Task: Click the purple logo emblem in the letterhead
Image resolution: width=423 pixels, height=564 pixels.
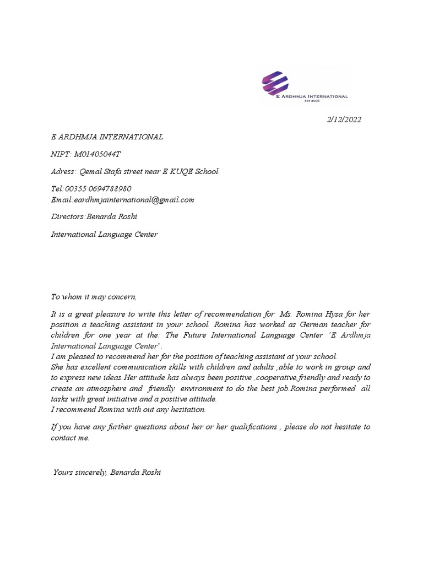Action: pos(274,83)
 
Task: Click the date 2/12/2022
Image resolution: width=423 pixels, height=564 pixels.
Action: pos(344,120)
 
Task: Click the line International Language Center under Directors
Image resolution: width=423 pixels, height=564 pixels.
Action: pos(105,234)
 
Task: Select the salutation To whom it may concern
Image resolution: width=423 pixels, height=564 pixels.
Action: pos(93,297)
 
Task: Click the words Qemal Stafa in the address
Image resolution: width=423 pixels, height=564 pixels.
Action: pos(100,171)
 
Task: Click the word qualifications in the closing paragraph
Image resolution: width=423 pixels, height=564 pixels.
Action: pos(251,427)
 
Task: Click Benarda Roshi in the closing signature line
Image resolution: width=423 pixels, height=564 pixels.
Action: pos(135,473)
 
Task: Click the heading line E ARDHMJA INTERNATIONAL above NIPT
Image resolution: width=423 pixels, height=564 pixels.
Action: pos(107,137)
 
